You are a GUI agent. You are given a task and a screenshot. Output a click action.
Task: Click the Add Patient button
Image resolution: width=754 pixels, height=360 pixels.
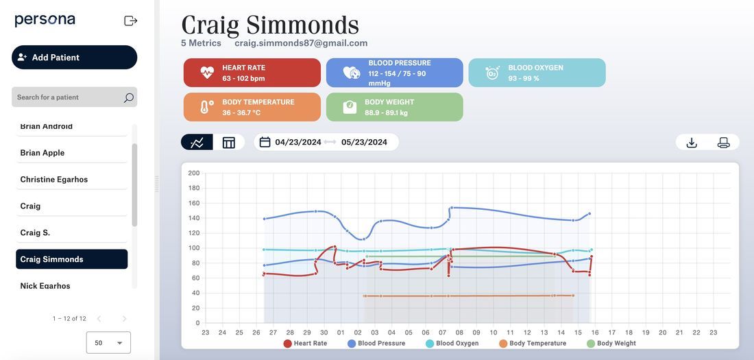click(x=74, y=58)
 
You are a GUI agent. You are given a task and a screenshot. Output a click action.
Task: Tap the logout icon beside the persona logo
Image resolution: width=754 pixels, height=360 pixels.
click(x=130, y=21)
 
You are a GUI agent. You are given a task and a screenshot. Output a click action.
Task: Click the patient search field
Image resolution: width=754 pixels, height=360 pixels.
click(x=69, y=97)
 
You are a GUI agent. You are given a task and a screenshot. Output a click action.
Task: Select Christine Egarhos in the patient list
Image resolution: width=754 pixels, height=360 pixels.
click(x=54, y=180)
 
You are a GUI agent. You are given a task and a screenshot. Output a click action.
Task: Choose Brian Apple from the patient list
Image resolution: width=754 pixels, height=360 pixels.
click(x=42, y=153)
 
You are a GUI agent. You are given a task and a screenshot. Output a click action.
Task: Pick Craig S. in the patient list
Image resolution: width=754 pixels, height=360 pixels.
click(x=35, y=233)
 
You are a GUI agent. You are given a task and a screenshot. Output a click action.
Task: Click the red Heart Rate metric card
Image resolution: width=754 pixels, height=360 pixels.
click(x=252, y=73)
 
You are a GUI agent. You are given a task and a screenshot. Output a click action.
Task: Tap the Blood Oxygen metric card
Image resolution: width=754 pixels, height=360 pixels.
click(x=537, y=73)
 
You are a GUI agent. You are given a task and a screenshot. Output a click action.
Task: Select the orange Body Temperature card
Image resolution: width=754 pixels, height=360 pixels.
click(x=252, y=107)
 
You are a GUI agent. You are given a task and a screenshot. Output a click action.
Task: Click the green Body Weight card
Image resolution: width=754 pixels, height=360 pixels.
click(x=394, y=107)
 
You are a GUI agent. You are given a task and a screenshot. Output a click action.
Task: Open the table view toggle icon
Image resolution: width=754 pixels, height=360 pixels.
click(x=229, y=143)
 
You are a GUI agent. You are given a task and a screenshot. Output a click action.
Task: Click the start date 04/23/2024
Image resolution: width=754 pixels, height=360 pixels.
click(x=298, y=143)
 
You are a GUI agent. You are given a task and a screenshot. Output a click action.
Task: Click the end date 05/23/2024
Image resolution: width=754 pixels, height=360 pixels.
click(x=364, y=143)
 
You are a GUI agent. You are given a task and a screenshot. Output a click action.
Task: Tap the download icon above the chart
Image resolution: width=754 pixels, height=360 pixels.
click(x=692, y=143)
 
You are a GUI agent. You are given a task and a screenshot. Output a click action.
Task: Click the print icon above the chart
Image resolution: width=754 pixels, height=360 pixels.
click(x=723, y=143)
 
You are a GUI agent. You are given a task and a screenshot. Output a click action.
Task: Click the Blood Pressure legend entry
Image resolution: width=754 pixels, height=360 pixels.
click(x=376, y=344)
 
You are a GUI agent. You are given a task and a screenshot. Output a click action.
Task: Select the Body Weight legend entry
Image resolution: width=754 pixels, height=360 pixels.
click(x=611, y=344)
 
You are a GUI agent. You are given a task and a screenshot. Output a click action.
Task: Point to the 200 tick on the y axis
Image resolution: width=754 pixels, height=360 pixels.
click(x=194, y=173)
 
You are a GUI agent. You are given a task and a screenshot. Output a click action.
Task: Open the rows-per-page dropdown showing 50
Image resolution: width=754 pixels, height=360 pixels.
click(x=108, y=343)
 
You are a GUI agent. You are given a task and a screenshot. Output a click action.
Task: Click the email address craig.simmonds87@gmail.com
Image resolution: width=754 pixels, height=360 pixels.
click(x=301, y=43)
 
